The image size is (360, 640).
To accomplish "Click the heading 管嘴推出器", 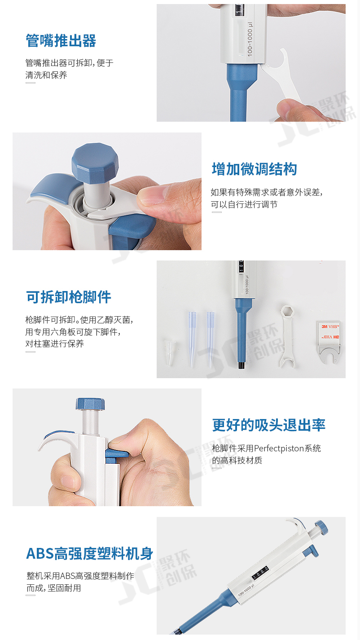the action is pos(61,40).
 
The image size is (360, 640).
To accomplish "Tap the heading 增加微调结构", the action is pos(255,169).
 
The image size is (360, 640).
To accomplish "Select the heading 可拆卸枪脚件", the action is pos(69,297).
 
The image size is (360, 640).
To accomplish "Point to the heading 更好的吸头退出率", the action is pos(268,425).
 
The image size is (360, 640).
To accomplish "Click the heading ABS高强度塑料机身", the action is pos(90,553).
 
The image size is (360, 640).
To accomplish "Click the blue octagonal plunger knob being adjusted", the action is pos(95,162).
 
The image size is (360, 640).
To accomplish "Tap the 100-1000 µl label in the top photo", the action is pos(250,39).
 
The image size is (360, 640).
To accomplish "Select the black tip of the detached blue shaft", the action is pos(241,365).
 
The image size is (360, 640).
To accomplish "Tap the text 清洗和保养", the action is pos(46,75).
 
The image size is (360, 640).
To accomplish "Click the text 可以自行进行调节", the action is pos(244,204).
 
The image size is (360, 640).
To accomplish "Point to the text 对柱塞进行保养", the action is pos(54,344).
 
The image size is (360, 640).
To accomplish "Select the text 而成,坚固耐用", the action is pos(54,588).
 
